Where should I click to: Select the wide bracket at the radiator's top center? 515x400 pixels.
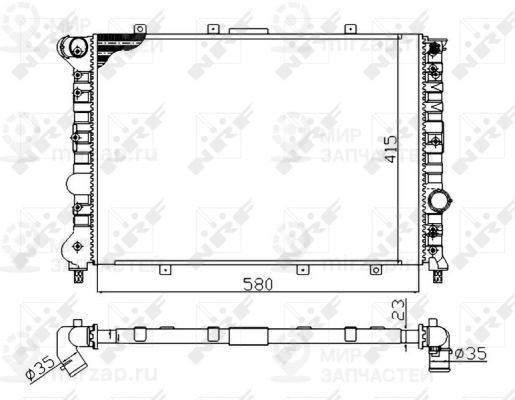click(248, 31)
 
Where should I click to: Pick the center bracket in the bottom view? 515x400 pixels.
click(249, 335)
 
